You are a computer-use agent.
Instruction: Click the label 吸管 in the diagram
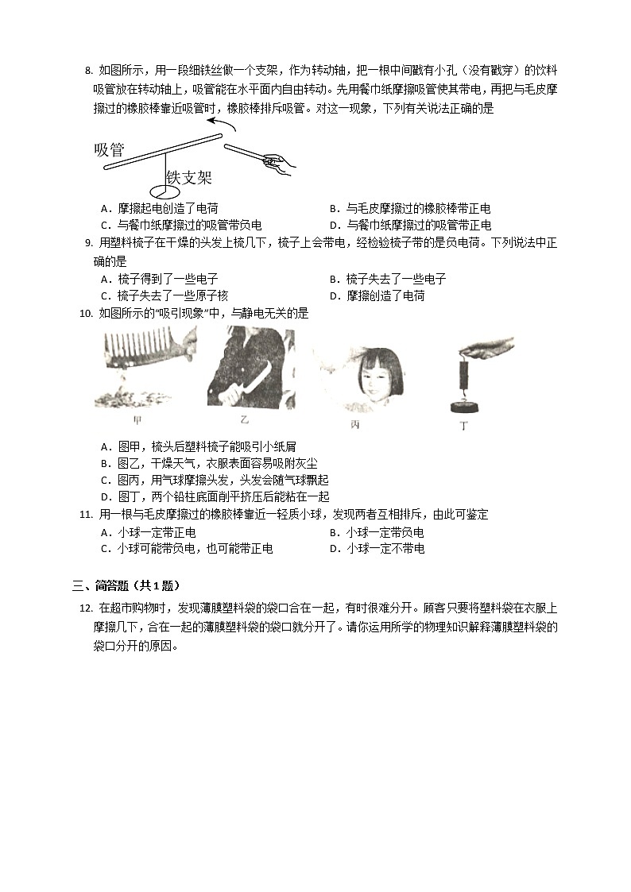tap(109, 149)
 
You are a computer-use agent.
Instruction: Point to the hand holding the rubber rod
tap(278, 163)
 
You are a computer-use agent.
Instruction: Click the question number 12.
tap(85, 608)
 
